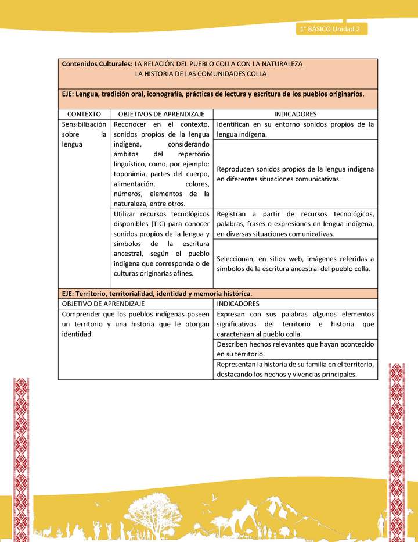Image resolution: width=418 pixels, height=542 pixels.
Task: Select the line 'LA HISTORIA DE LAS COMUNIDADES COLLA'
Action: click(200, 74)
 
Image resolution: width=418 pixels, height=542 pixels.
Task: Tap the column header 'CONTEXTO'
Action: click(84, 114)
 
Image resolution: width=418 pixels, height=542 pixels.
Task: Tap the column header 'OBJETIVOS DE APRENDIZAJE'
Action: click(162, 114)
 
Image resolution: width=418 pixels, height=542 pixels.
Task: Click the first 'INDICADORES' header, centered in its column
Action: click(296, 114)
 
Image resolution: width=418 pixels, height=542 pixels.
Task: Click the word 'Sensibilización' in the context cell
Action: click(84, 124)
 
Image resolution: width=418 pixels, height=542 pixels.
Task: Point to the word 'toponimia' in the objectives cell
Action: click(132, 173)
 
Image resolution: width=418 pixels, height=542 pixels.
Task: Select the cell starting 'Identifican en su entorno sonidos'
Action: click(296, 129)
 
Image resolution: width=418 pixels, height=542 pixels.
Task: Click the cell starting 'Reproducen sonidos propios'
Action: click(296, 174)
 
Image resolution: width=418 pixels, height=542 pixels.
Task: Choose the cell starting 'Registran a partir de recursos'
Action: click(296, 224)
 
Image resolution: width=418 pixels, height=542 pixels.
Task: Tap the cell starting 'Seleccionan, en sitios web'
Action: click(296, 263)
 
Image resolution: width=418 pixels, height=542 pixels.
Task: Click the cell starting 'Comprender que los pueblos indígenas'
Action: click(136, 325)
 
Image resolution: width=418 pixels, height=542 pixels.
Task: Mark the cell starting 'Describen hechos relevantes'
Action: click(296, 349)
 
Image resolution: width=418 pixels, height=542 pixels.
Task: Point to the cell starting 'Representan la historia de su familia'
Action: click(296, 369)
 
